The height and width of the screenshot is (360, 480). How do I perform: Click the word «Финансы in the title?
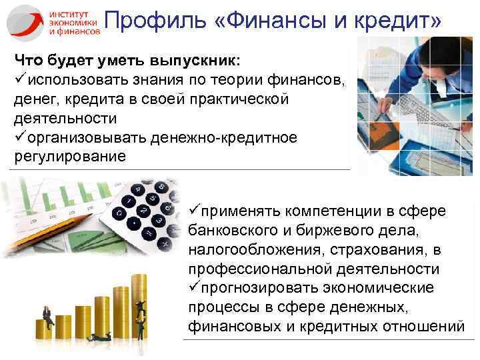tap(273, 22)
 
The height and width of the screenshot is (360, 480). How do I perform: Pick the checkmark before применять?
tap(195, 212)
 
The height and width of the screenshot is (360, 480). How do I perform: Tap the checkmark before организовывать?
tap(19, 137)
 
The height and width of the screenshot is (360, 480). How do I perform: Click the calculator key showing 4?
tap(138, 191)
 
